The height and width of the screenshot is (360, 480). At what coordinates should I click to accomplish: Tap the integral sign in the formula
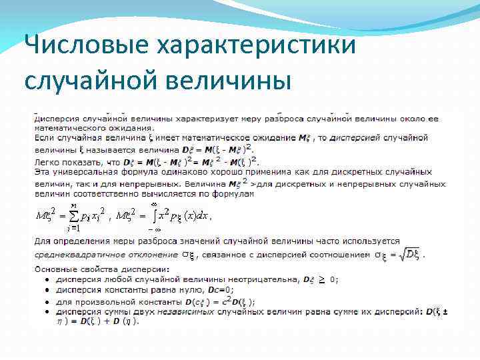pos(155,215)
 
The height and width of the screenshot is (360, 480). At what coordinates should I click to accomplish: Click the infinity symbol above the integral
pos(154,203)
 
